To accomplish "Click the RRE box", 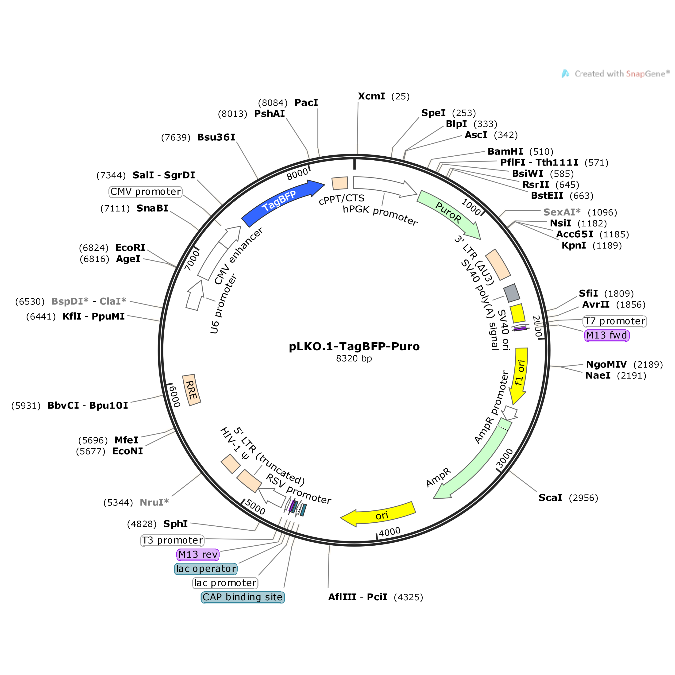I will coord(191,390).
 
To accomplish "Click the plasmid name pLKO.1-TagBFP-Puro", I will coord(354,346).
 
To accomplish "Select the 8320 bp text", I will coord(354,359).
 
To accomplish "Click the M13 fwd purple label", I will coord(606,336).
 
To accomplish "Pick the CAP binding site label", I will coord(243,597).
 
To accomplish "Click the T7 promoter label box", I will coord(615,321).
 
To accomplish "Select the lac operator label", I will coord(206,569).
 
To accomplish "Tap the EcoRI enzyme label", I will coord(130,247).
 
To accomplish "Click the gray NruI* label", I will coord(154,502).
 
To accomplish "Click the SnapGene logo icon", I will coord(565,74).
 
